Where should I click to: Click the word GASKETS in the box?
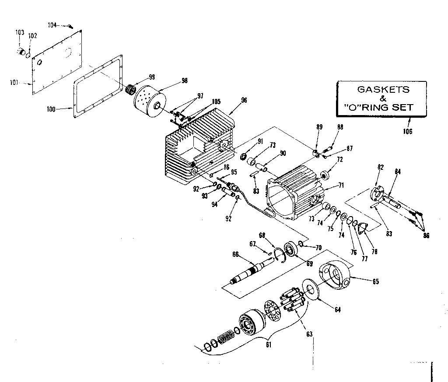pos(383,89)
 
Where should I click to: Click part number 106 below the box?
pos(408,131)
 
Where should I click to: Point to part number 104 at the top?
pos(52,25)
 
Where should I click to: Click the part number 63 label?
pos(309,335)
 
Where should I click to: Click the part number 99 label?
pos(151,77)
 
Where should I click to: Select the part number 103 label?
pos(20,32)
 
